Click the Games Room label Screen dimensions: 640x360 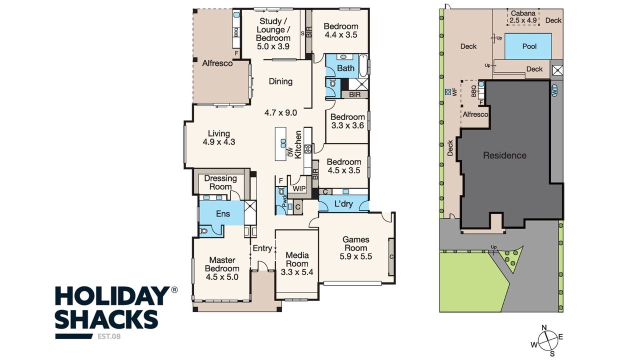click(355, 243)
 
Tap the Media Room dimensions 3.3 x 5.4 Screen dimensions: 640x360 click(297, 272)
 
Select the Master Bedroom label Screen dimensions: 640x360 click(222, 264)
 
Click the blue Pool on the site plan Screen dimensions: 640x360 click(528, 46)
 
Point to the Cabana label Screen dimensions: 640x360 click(523, 13)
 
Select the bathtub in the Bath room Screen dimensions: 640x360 click(363, 65)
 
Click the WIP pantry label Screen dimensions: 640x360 click(299, 188)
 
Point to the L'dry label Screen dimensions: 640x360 click(343, 203)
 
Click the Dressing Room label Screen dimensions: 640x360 click(220, 182)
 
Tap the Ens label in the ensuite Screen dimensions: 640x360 click(223, 213)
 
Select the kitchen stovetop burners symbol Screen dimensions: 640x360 click(307, 149)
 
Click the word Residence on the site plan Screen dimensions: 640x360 click(504, 155)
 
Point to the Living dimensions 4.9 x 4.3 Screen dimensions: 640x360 click(219, 142)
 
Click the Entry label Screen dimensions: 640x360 click(262, 248)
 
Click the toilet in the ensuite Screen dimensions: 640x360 click(203, 230)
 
